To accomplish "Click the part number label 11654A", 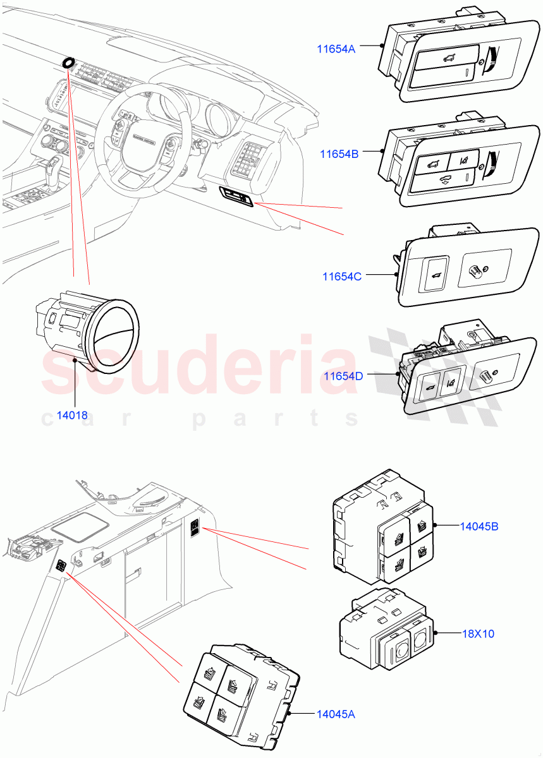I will coord(336,48).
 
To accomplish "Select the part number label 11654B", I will coord(339,153).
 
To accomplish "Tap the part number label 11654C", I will coord(342,277).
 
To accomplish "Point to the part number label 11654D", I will coord(343,376).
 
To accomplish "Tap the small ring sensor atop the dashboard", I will coord(68,63).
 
